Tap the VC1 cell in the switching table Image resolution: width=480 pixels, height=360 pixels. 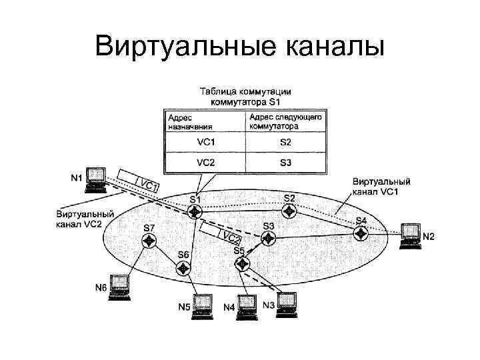click(206, 142)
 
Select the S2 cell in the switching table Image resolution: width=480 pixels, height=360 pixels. click(285, 142)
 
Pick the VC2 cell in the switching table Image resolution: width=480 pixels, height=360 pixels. click(206, 162)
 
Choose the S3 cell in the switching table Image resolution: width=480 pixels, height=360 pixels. click(285, 162)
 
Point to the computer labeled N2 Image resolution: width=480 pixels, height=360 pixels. click(409, 235)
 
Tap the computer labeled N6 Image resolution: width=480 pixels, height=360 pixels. click(120, 286)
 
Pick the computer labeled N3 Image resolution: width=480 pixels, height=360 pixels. click(286, 303)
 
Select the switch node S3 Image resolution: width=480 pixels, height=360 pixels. click(268, 239)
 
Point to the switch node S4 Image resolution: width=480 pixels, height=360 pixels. click(361, 233)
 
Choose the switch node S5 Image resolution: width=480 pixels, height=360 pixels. click(240, 262)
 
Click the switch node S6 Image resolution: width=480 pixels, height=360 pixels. click(183, 267)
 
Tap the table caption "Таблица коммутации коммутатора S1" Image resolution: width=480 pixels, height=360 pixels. click(246, 97)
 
